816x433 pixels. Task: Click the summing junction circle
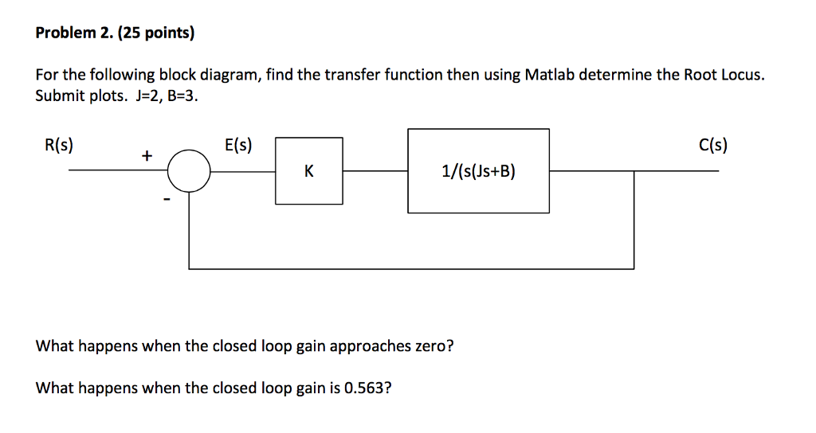[189, 170]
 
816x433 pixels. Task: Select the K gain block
[309, 170]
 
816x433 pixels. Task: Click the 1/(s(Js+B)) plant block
[478, 170]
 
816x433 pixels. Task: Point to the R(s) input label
[59, 146]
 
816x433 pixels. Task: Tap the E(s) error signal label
[239, 146]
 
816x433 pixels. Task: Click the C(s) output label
[713, 146]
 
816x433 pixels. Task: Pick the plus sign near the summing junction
[147, 157]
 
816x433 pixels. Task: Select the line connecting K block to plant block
[375, 170]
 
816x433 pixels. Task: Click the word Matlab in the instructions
[549, 75]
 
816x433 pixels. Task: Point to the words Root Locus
[723, 75]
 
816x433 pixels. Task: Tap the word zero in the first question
[430, 347]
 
